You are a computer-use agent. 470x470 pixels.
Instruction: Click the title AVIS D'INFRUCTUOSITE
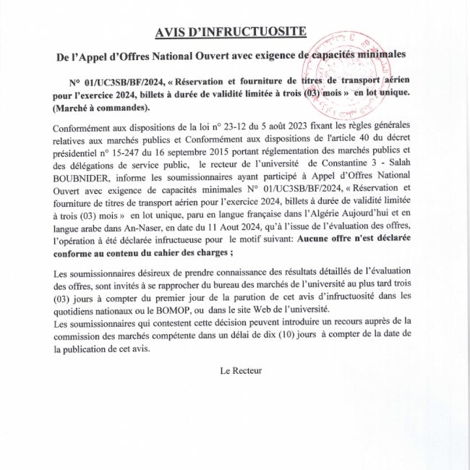pyautogui.click(x=231, y=31)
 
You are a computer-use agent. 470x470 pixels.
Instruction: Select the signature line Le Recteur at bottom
pyautogui.click(x=241, y=369)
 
